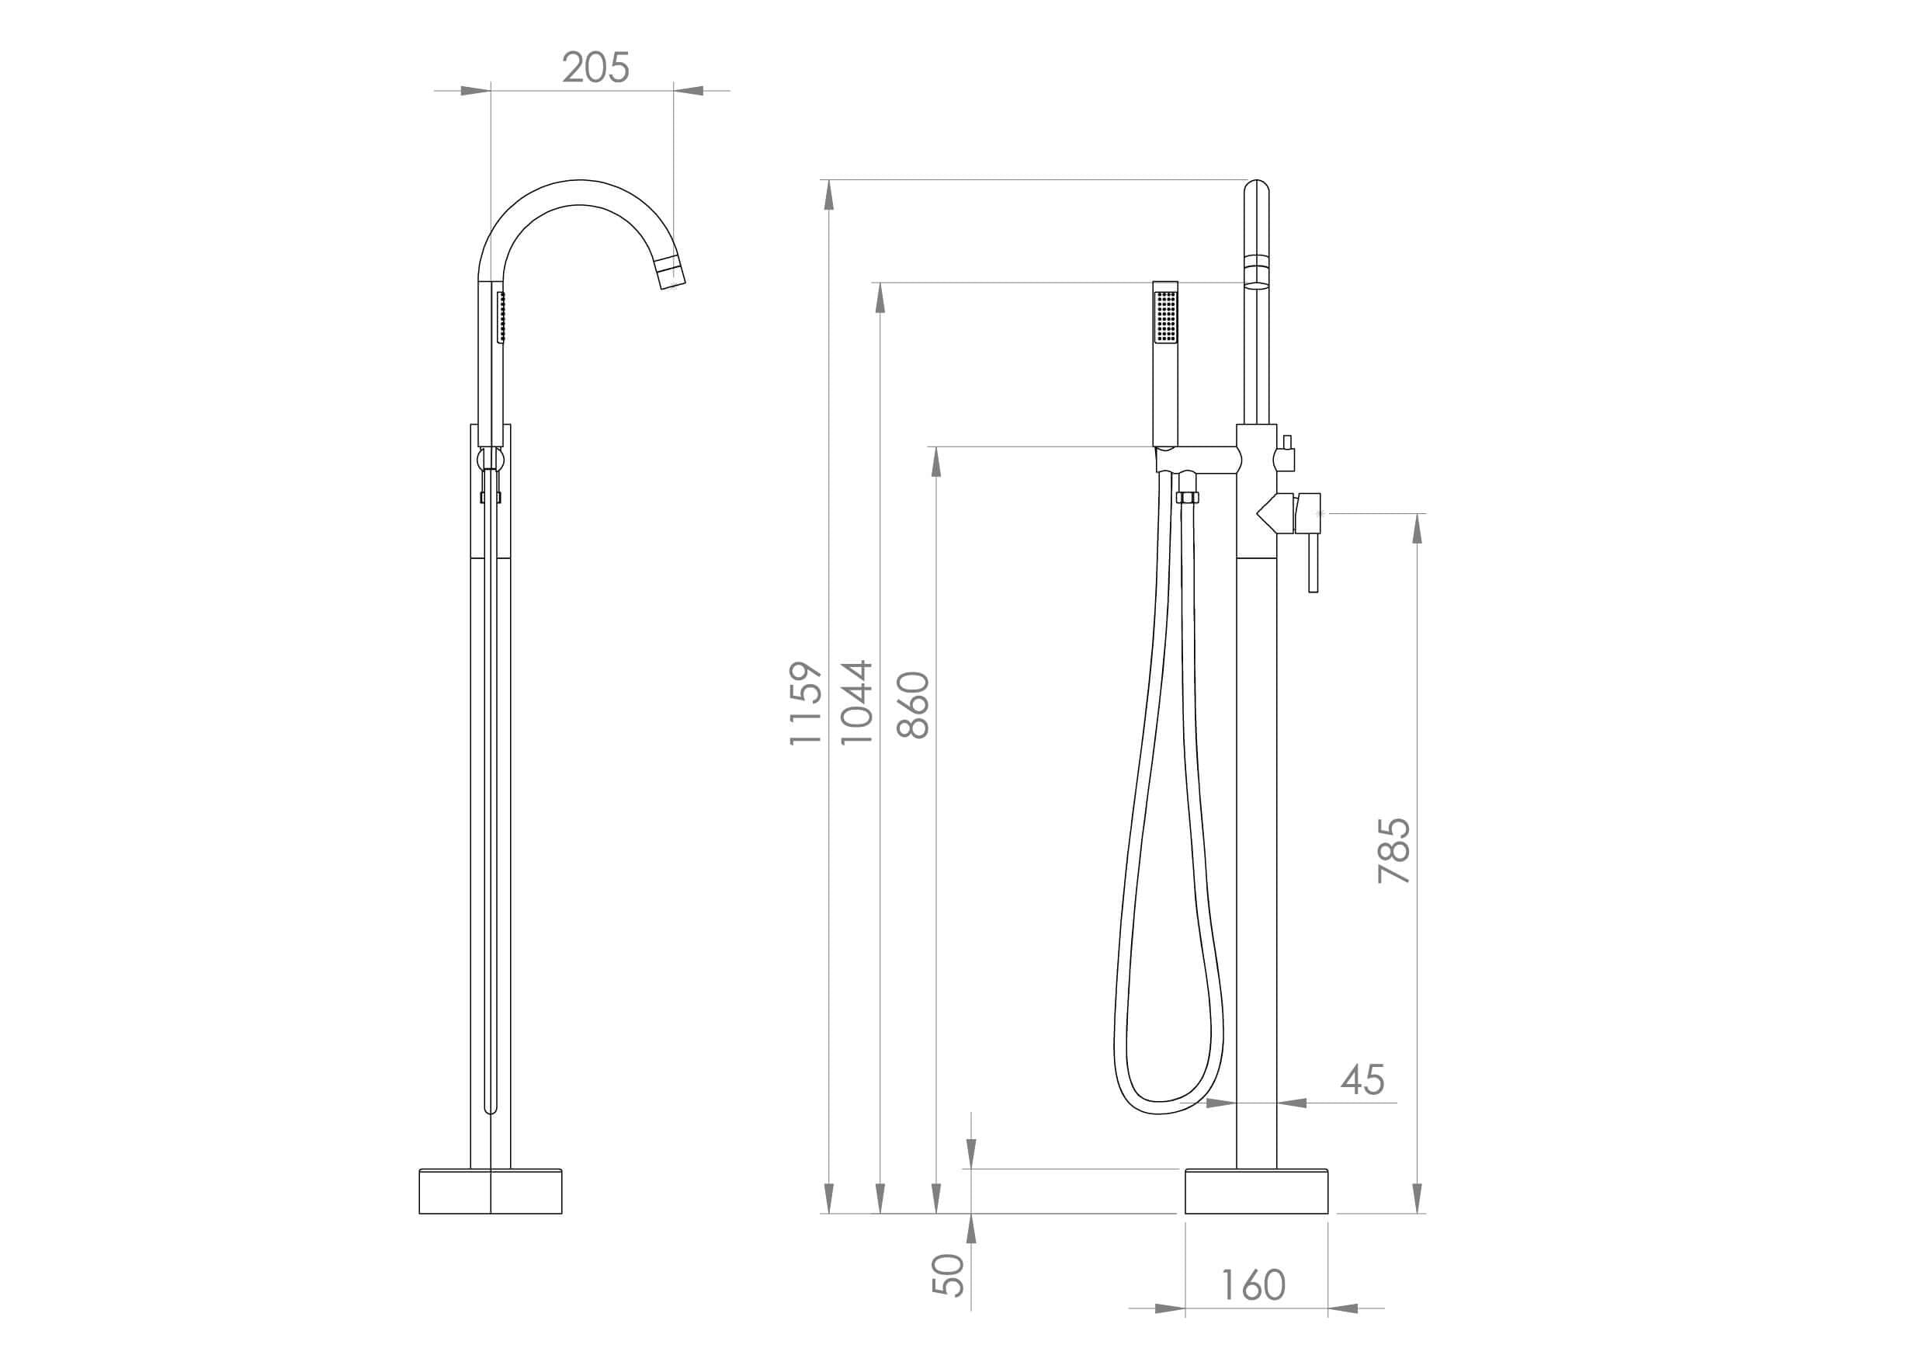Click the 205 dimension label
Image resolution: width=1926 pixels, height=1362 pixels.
(595, 67)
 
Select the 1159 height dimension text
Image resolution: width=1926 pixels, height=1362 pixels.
(805, 703)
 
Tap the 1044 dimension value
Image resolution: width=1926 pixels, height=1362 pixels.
(857, 703)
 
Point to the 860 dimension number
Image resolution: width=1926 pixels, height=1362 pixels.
(913, 705)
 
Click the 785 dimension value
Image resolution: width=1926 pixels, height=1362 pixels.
(1394, 850)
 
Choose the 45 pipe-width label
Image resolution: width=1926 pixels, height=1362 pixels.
(1362, 1080)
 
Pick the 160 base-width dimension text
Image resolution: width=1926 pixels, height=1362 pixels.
(1252, 1286)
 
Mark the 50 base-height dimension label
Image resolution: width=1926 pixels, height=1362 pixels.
(949, 1275)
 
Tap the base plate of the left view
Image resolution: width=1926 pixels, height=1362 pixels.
(490, 1191)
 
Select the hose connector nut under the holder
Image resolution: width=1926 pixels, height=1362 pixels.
(1187, 498)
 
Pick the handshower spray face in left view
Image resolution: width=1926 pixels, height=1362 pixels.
(501, 318)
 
